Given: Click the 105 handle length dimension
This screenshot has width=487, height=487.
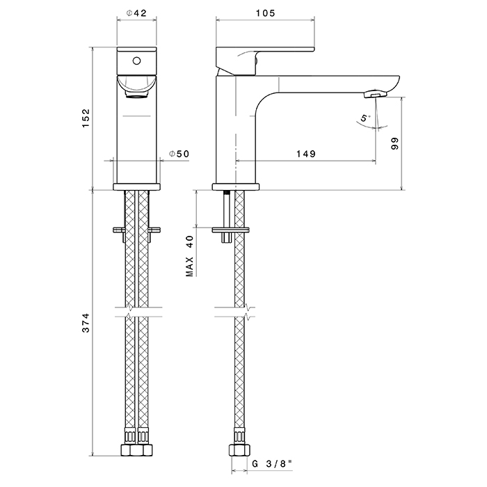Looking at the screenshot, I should click(266, 13).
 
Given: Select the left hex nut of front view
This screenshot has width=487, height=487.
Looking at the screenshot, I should click(129, 449).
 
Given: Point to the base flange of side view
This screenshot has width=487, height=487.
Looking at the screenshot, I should click(235, 186).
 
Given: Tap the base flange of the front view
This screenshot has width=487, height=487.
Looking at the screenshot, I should click(137, 186).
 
